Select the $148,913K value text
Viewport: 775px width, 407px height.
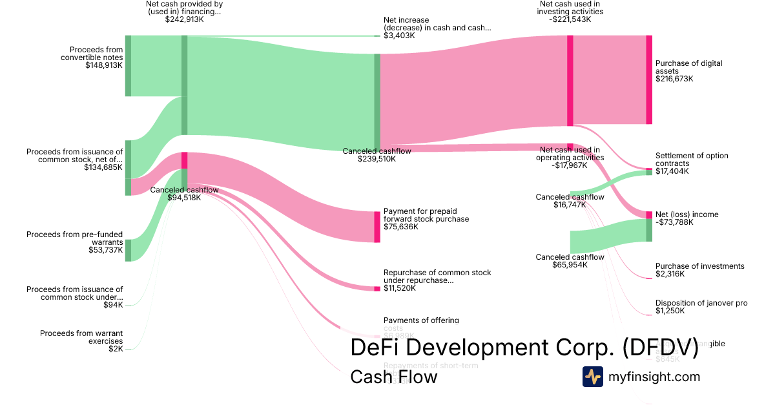click(103, 65)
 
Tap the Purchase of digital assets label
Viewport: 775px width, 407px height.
click(688, 67)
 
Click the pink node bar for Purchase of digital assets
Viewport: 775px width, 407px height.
click(649, 79)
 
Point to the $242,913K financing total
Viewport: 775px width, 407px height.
click(184, 19)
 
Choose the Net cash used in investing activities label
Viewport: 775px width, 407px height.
click(571, 8)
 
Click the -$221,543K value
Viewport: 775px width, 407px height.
click(571, 19)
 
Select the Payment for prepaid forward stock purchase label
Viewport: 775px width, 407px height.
click(426, 214)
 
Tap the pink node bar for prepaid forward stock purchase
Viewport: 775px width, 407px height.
click(377, 227)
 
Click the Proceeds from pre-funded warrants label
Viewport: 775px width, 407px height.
click(74, 238)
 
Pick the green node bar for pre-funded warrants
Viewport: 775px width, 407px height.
click(128, 250)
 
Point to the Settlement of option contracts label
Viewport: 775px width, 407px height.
click(692, 160)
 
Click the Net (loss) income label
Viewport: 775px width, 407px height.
click(687, 214)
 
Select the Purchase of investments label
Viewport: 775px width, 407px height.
click(699, 266)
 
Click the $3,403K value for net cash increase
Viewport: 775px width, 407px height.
click(399, 36)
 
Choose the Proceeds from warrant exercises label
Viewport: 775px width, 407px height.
click(81, 337)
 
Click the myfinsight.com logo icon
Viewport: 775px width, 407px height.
click(592, 377)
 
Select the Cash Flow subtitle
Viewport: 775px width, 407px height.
click(393, 377)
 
